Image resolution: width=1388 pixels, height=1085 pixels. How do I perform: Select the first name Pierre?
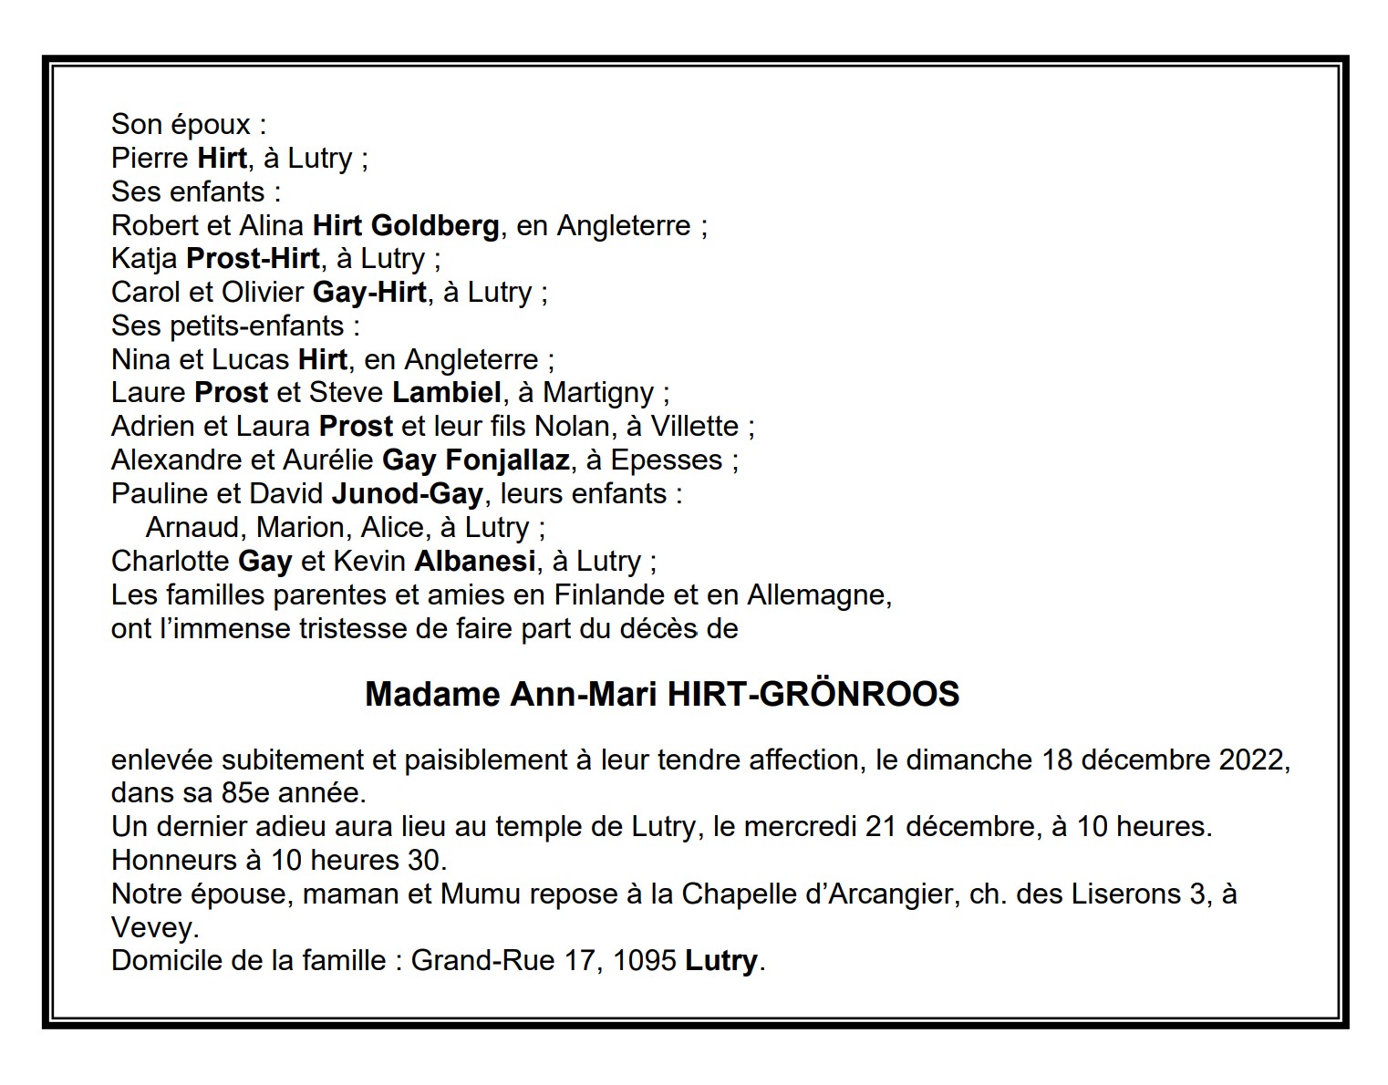point(150,159)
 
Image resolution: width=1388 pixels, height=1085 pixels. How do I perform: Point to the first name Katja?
point(144,259)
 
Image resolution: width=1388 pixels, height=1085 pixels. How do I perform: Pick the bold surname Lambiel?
point(447,393)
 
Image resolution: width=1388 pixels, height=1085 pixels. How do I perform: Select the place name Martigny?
point(598,393)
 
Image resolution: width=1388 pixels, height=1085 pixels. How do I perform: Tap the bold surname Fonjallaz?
point(508,460)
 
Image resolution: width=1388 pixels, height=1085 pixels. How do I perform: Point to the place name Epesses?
point(667,460)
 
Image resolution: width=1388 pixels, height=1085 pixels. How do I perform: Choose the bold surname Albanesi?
point(475,561)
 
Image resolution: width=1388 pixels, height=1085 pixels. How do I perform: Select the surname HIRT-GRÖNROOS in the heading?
point(813,695)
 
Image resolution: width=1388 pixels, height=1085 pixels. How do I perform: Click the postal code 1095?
point(645,961)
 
